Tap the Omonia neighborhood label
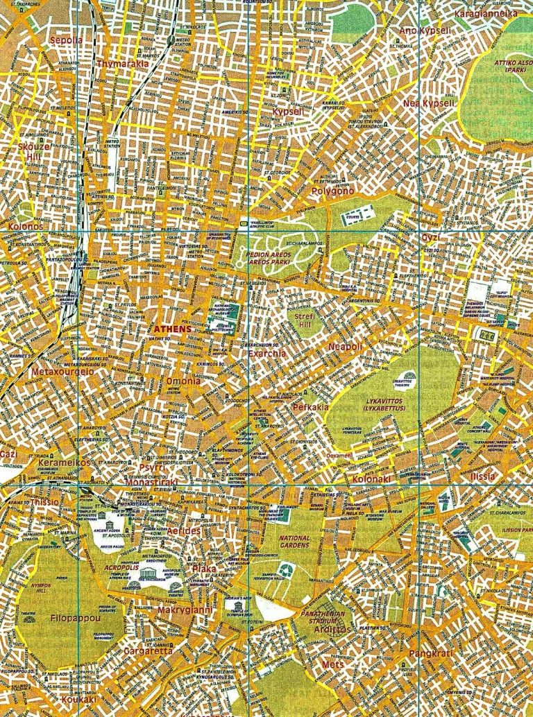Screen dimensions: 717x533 [183, 381]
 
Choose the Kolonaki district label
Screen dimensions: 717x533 [371, 479]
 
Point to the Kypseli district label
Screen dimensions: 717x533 [287, 112]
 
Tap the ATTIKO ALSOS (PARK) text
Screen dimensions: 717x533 [515, 67]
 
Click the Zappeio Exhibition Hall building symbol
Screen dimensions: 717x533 [286, 570]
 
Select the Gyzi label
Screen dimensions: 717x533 [430, 238]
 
